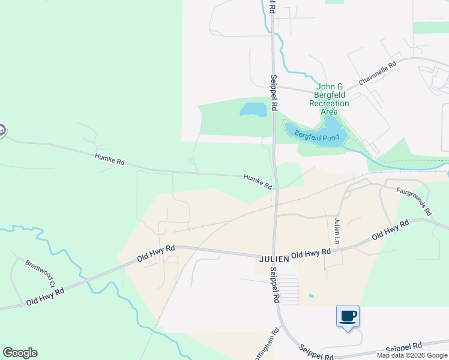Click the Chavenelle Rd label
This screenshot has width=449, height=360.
coord(378,72)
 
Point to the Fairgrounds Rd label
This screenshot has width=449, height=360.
coord(414,201)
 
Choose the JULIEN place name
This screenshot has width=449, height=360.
coord(275,259)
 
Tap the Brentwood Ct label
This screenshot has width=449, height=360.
coord(40,273)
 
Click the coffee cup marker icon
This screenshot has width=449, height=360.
coord(348,316)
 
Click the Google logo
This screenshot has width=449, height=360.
coord(20,353)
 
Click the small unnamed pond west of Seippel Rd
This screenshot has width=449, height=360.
coord(253,109)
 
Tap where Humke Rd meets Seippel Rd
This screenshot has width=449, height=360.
coord(274,178)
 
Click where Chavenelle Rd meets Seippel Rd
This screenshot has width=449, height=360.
coord(274,87)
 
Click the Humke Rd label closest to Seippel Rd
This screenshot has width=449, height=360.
coord(258,182)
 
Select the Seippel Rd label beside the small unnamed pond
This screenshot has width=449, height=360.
coord(273,92)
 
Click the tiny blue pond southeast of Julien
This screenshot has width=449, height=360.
coord(310,295)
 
